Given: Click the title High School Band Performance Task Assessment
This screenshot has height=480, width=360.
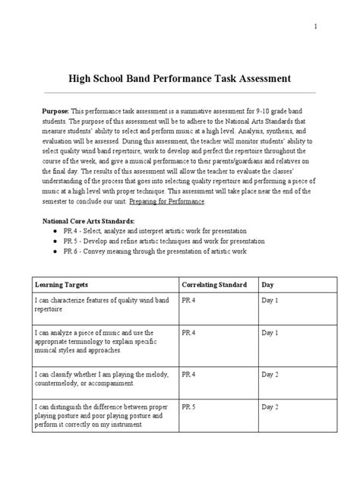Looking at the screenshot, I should (179, 78).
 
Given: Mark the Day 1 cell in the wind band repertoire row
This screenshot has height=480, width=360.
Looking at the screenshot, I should (271, 301).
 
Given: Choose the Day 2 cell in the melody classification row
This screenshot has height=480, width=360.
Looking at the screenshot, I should (271, 374).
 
